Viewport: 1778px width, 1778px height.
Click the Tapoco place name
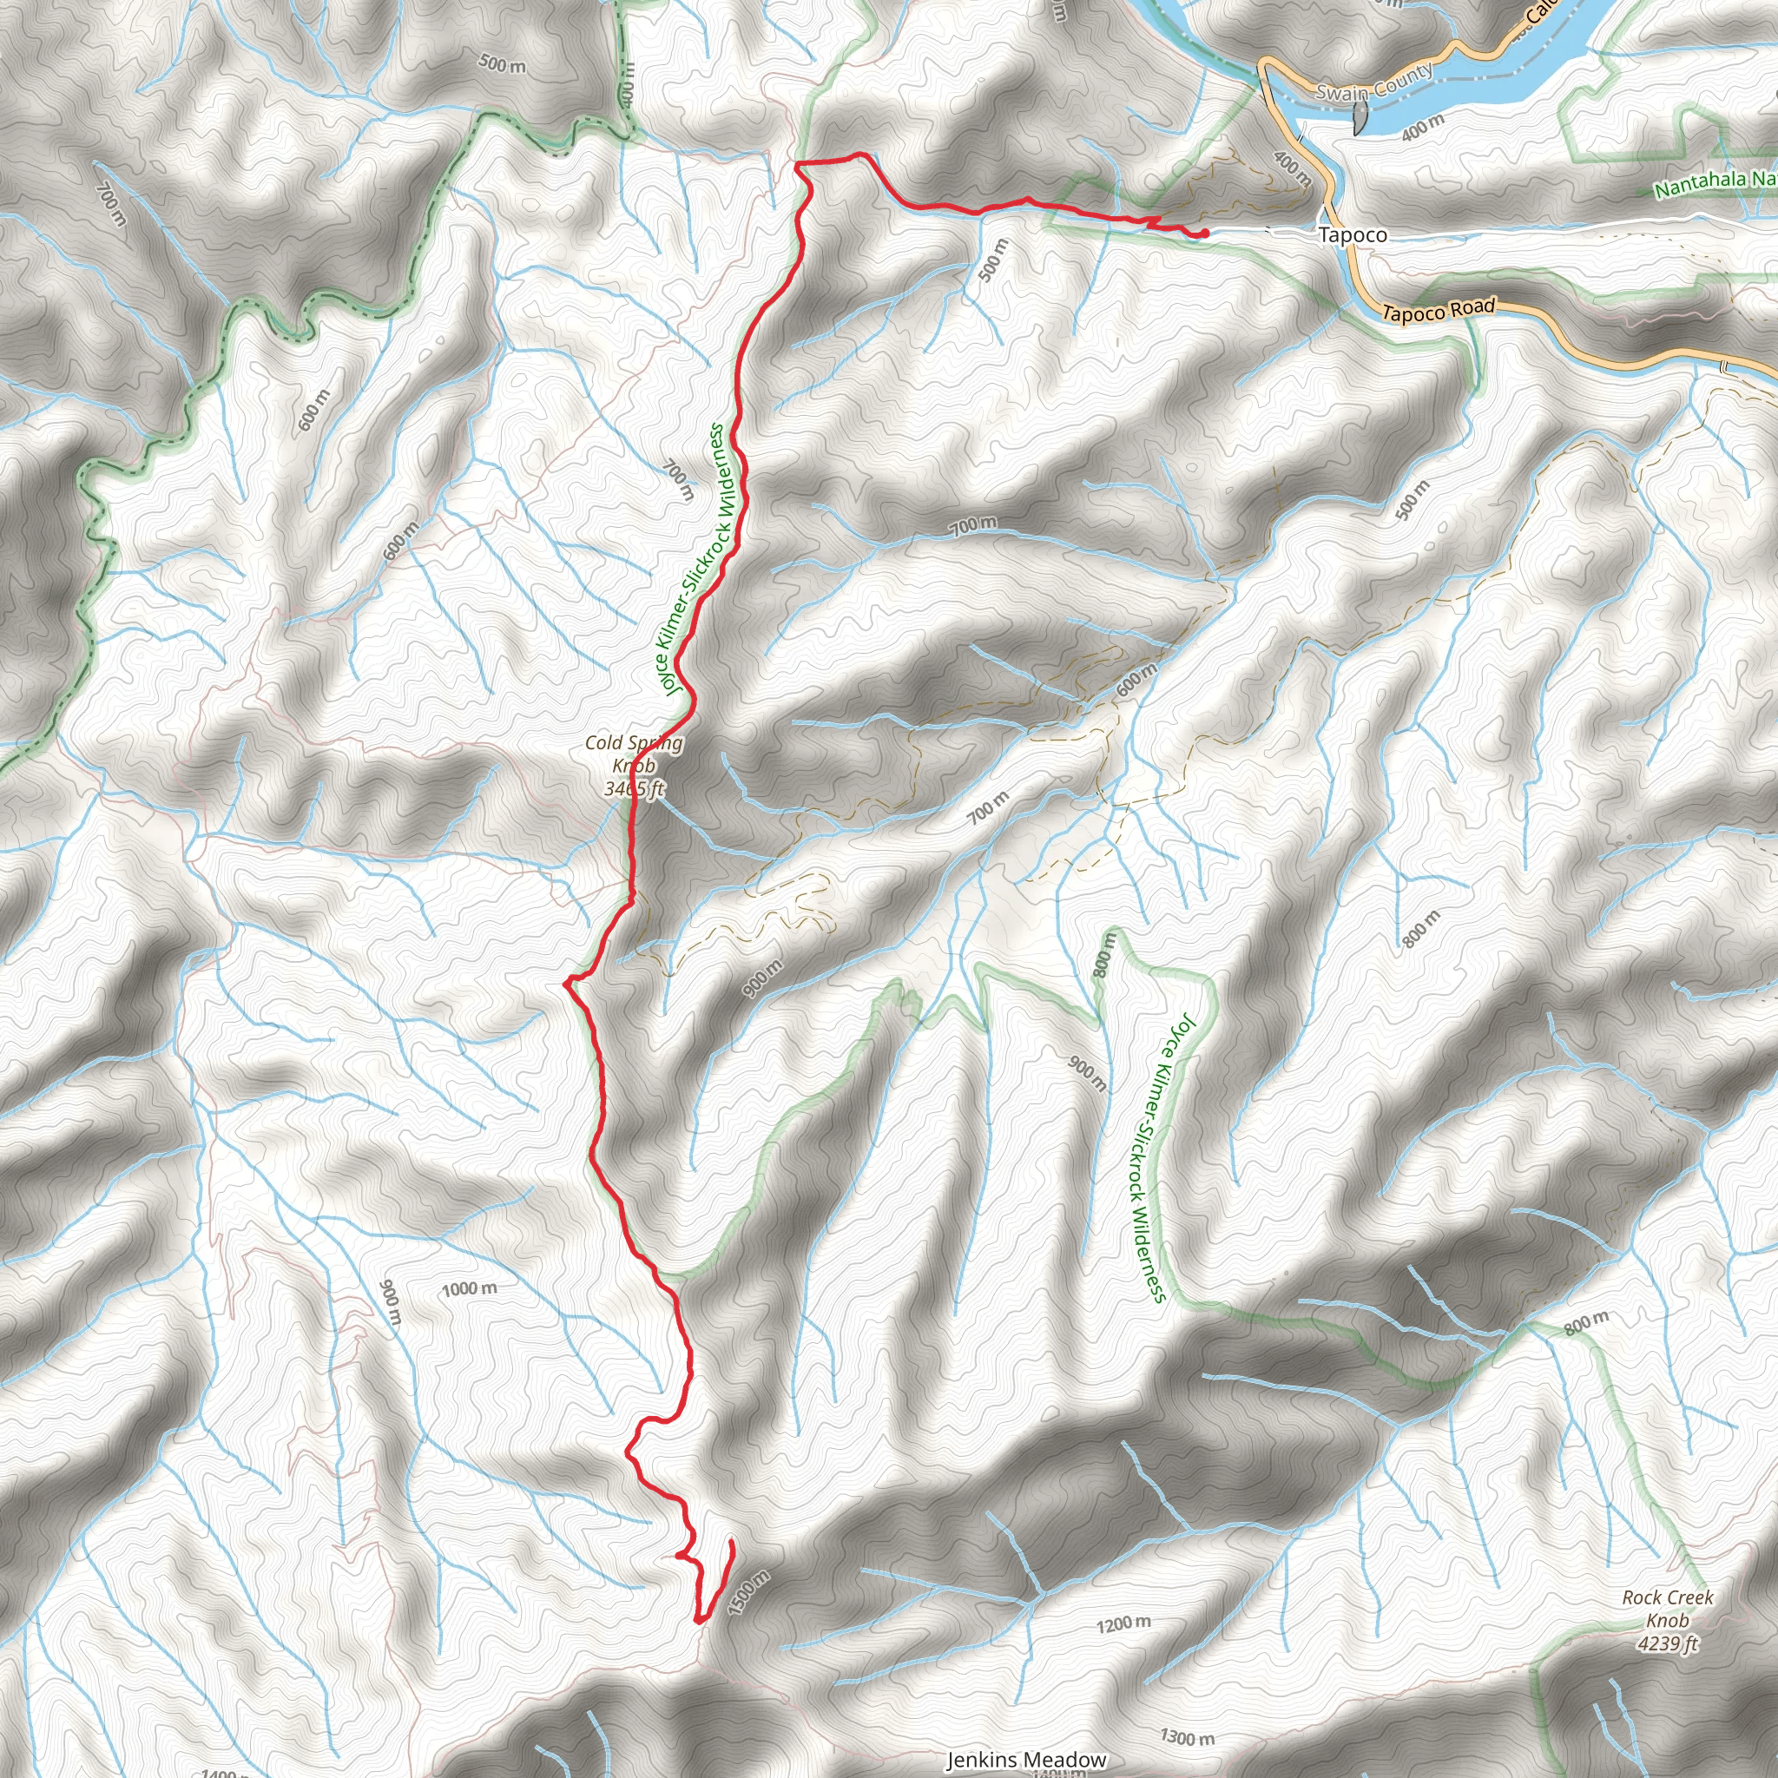tap(1352, 234)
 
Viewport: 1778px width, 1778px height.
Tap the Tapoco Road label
tap(1439, 310)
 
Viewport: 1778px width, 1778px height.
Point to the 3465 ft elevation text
tap(634, 788)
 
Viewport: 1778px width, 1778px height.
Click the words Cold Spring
tap(634, 742)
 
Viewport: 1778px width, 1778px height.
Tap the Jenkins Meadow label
tap(1026, 1760)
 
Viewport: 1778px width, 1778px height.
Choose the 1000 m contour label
tap(470, 1289)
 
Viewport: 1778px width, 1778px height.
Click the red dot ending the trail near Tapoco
tap(1205, 233)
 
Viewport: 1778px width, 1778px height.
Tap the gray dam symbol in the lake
tap(1360, 117)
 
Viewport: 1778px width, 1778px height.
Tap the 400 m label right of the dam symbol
tap(1423, 126)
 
